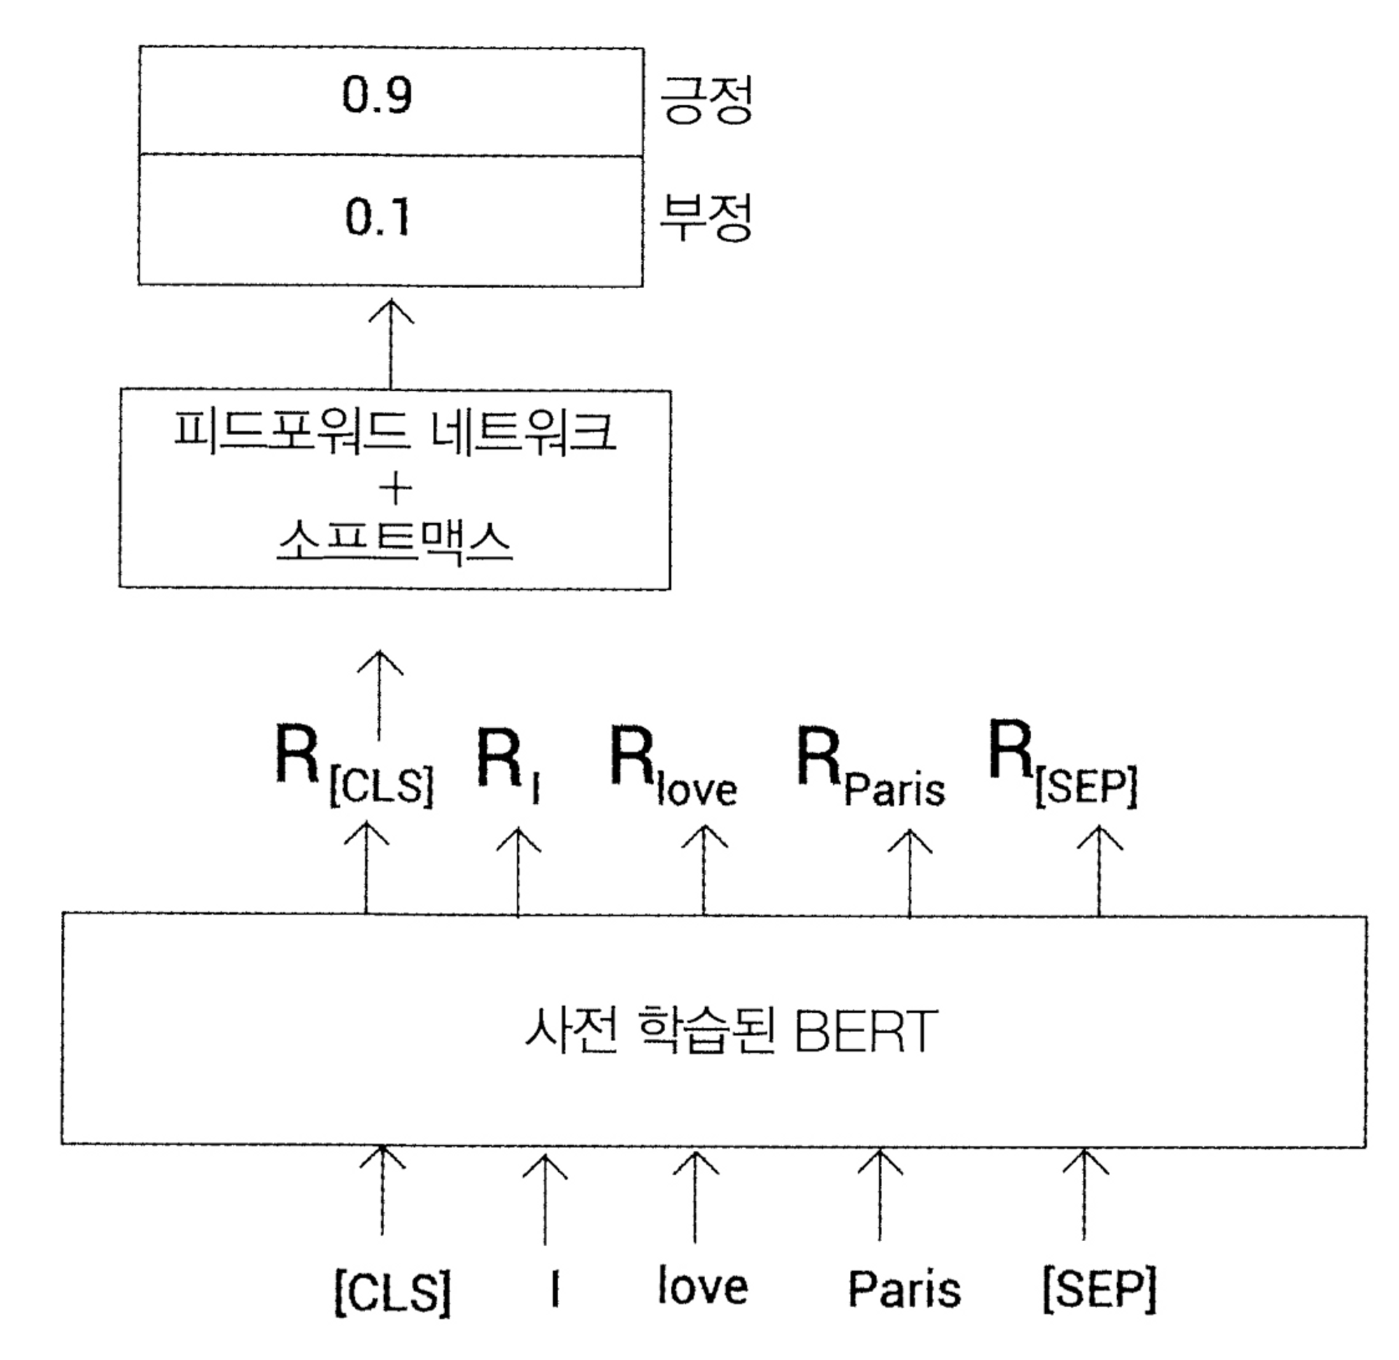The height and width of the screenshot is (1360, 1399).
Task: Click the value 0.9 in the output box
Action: [376, 96]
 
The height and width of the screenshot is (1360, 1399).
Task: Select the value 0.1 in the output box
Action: [376, 217]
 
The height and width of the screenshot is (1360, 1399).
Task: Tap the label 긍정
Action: [705, 100]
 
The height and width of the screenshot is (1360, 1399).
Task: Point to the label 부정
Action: [705, 217]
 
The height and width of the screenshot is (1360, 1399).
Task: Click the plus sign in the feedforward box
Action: [395, 489]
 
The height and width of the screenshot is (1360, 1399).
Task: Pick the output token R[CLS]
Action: [354, 766]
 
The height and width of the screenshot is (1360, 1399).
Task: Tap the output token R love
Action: [672, 766]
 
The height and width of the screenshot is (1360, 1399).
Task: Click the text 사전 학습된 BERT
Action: [730, 1031]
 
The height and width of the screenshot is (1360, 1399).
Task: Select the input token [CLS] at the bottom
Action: [392, 1291]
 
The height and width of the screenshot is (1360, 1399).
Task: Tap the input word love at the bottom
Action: [702, 1287]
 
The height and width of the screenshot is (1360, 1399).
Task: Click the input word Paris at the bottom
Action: [904, 1290]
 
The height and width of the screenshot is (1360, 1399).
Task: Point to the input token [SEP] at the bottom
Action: [1099, 1290]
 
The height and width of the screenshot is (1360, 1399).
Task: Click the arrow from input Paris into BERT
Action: [879, 1194]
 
